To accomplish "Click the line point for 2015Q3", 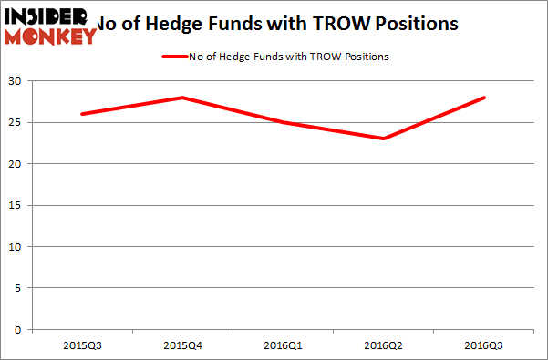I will click(81, 114).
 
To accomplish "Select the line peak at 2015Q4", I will click(182, 98).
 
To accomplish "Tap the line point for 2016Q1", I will click(284, 122).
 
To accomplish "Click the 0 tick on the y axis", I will click(20, 329).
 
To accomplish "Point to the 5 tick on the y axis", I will click(20, 288).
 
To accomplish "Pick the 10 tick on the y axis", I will click(17, 247).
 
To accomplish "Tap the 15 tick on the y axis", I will click(17, 206).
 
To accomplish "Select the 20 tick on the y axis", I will click(17, 164).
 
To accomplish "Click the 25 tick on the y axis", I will click(17, 123).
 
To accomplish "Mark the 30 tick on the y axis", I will click(17, 82).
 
